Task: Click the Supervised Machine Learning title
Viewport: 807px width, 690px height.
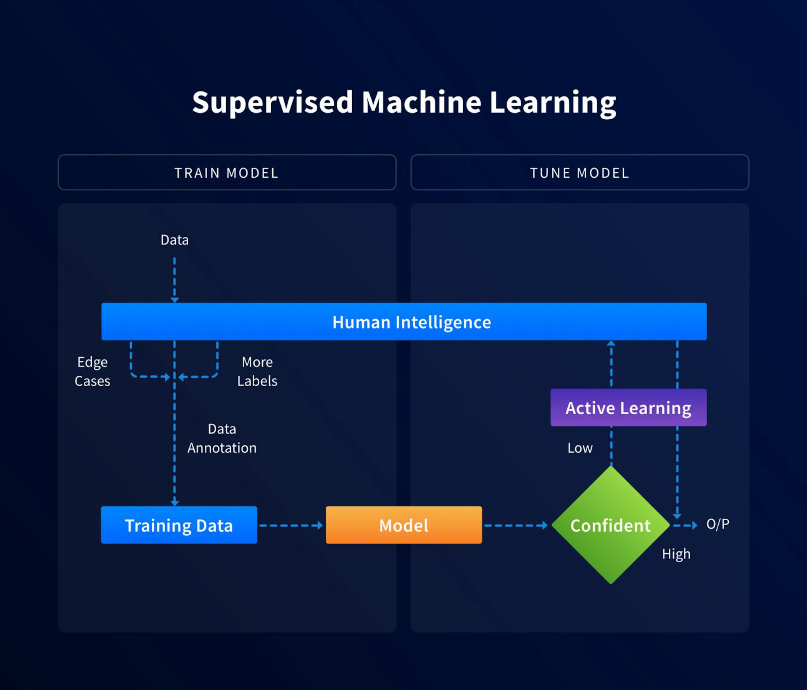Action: pyautogui.click(x=403, y=102)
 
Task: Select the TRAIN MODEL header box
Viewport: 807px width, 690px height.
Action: pyautogui.click(x=227, y=172)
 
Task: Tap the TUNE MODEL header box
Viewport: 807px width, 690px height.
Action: pyautogui.click(x=580, y=172)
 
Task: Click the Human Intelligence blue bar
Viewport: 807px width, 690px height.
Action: pyautogui.click(x=403, y=321)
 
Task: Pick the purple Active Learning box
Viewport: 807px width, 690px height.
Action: pyautogui.click(x=628, y=408)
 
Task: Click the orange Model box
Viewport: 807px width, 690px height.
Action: pyautogui.click(x=403, y=525)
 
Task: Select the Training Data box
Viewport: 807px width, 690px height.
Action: pyautogui.click(x=179, y=525)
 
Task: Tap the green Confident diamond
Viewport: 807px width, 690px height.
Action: pyautogui.click(x=611, y=525)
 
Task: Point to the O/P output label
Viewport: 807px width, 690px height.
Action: pyautogui.click(x=717, y=524)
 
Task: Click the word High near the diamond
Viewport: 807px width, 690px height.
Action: pyautogui.click(x=676, y=554)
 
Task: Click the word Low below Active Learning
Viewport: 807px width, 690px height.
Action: pyautogui.click(x=580, y=448)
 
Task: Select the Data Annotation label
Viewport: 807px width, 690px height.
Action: pyautogui.click(x=222, y=438)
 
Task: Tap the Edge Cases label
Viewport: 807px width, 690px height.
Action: pyautogui.click(x=92, y=371)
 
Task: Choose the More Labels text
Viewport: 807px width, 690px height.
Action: pyautogui.click(x=257, y=371)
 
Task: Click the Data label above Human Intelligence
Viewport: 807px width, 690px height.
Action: pyautogui.click(x=174, y=240)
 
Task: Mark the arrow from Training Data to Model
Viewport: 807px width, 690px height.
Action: pyautogui.click(x=291, y=525)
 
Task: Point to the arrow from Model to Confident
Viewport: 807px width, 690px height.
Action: pyautogui.click(x=516, y=525)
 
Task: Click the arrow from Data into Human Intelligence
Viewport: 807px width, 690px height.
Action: pyautogui.click(x=174, y=279)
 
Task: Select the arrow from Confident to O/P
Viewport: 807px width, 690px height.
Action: pyautogui.click(x=685, y=525)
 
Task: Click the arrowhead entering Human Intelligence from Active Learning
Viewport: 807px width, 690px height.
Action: pyautogui.click(x=611, y=344)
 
